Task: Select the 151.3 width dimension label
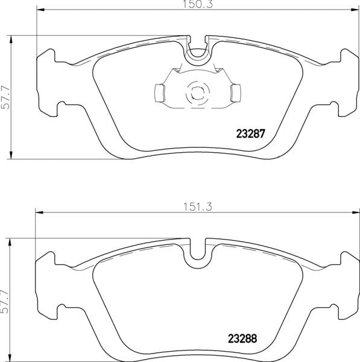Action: [197, 205]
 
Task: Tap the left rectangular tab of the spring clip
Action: [160, 92]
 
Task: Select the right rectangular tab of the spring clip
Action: [235, 92]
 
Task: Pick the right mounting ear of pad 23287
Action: [344, 81]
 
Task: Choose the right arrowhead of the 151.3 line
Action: [355, 211]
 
